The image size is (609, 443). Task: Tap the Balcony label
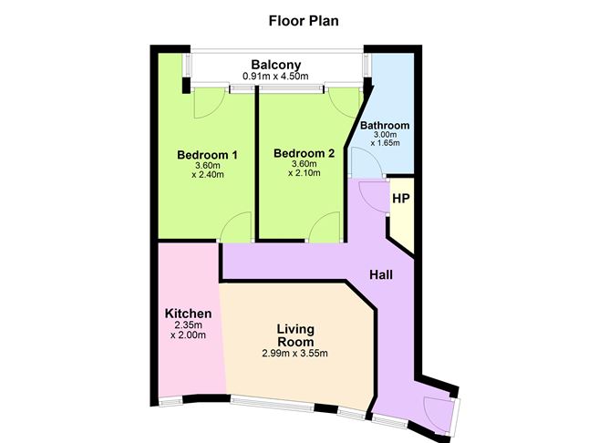click(276, 65)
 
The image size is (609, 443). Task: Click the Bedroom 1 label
click(207, 155)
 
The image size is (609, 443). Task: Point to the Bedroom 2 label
click(304, 154)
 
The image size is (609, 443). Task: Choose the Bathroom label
click(384, 126)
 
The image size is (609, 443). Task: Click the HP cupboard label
click(399, 197)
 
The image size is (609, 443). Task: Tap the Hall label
click(381, 273)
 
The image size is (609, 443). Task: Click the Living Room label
click(296, 335)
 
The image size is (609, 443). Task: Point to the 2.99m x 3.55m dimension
click(296, 354)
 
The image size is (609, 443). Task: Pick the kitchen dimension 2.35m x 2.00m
click(188, 329)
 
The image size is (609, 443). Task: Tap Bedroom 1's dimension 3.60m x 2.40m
click(207, 170)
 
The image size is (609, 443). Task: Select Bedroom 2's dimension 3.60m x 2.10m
click(304, 170)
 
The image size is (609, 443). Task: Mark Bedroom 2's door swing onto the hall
click(323, 229)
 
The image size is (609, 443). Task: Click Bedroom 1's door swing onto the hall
click(236, 227)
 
